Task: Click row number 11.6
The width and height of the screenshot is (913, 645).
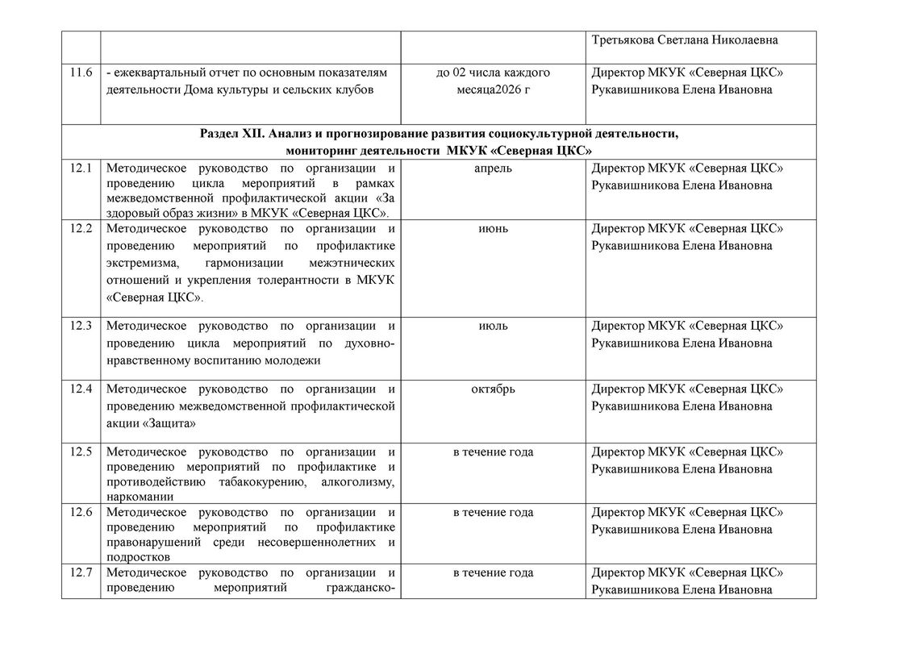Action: click(x=81, y=73)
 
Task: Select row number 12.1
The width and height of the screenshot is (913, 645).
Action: click(x=81, y=169)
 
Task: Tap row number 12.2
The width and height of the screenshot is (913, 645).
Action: click(x=81, y=228)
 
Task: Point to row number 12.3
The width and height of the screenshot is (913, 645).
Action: click(x=81, y=326)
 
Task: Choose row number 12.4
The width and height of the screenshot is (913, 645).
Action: click(x=81, y=389)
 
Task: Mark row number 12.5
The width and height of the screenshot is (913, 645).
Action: click(x=81, y=451)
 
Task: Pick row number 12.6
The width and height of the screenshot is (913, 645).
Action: click(x=81, y=512)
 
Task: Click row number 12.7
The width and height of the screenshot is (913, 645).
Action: click(x=81, y=572)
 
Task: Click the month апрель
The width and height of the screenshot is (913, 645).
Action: click(x=493, y=169)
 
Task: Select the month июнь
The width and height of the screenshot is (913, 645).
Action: click(x=493, y=228)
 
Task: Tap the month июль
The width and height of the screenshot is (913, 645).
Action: click(x=493, y=326)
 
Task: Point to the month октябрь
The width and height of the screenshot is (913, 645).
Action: click(x=493, y=389)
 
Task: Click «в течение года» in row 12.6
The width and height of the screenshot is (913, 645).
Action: click(x=493, y=512)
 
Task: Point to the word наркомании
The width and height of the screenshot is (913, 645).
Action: click(x=140, y=497)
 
